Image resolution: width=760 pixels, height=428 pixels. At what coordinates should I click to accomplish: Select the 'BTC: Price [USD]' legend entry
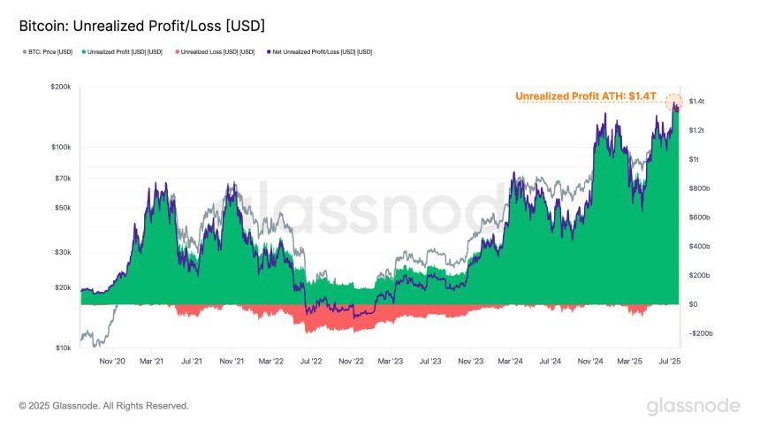coord(48,52)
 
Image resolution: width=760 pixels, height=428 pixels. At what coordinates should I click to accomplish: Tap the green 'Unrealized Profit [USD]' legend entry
coord(123,52)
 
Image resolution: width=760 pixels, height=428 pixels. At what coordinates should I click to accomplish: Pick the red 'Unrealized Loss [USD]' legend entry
coord(217,52)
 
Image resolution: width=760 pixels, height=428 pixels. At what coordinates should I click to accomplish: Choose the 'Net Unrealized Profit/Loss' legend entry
coord(318,52)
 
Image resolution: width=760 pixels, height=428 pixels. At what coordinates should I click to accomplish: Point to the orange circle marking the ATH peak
coord(674,102)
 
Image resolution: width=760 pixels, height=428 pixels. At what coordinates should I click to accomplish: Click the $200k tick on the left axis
coord(60,87)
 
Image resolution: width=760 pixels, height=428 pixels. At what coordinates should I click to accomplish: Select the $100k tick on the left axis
coord(60,147)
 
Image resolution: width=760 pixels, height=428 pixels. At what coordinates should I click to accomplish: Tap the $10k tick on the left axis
coord(62,348)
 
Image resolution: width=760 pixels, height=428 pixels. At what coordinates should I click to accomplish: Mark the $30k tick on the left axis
coord(62,252)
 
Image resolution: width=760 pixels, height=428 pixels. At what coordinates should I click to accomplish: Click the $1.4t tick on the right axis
coord(698,102)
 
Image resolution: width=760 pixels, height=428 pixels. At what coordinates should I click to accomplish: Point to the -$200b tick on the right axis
coord(701,333)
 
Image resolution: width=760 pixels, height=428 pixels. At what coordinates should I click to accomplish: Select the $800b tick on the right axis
coord(700,188)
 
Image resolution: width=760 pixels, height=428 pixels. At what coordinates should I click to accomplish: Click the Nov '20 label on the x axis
coord(112,361)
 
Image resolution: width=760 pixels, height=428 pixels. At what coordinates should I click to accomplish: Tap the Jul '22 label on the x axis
coord(311,361)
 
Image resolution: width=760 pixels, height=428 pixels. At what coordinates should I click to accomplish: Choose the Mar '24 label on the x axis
coord(510,361)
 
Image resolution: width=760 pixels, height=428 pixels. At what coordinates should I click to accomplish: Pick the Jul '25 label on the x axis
coord(669,361)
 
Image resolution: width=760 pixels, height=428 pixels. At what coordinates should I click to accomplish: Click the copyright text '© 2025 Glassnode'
coord(103,406)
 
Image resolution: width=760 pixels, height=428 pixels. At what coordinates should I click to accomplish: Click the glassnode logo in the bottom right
coord(694,406)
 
